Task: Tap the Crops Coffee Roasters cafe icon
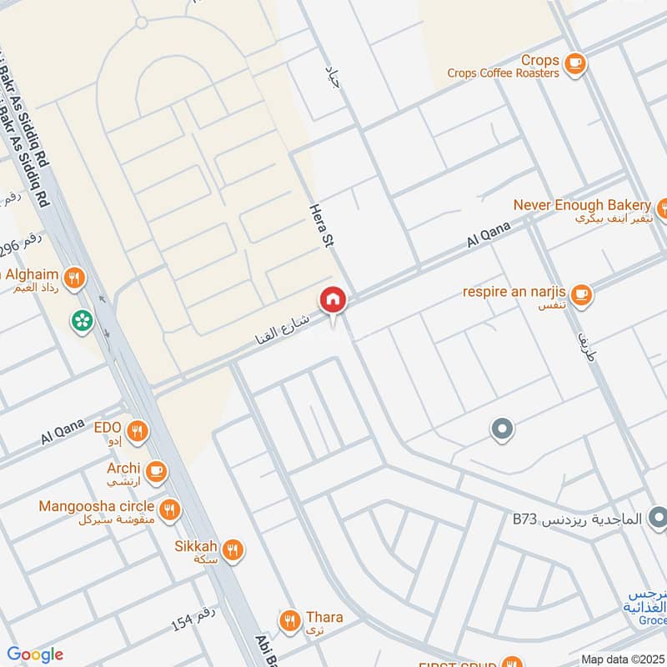(x=574, y=62)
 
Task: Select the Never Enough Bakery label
(x=581, y=205)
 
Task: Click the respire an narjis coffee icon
(x=581, y=293)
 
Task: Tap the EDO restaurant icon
(x=138, y=431)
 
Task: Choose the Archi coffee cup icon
(x=156, y=472)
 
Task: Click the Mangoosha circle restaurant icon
(x=170, y=509)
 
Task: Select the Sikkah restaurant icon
(x=233, y=549)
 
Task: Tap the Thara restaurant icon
(x=289, y=619)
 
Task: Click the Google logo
(x=34, y=654)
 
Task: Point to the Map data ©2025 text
(x=623, y=659)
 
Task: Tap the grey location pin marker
(x=501, y=430)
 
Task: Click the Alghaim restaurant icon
(x=75, y=278)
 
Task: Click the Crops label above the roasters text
(x=539, y=60)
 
